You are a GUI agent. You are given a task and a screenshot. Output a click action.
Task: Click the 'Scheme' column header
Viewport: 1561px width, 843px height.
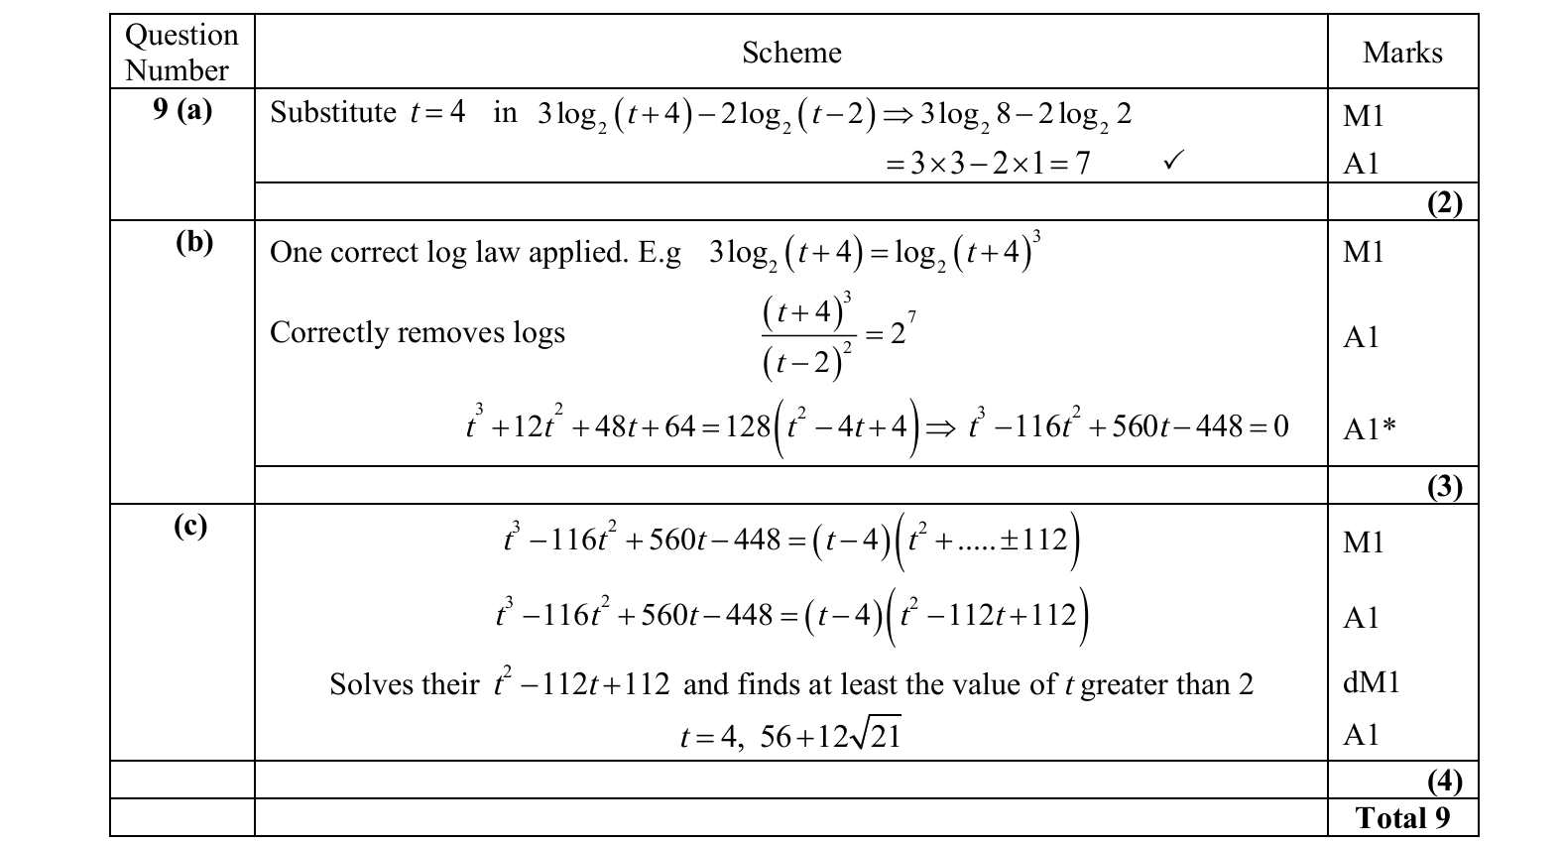pos(791,53)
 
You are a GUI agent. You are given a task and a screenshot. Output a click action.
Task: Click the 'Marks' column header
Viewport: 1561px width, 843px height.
pos(1402,53)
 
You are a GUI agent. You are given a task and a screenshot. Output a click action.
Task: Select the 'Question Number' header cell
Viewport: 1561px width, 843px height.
pos(181,53)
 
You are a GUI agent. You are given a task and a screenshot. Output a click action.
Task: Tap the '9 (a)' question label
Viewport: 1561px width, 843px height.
pos(182,109)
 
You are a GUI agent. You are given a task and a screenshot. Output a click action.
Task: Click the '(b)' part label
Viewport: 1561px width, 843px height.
pos(193,242)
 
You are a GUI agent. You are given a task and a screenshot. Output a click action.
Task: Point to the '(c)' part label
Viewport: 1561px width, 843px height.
pos(190,525)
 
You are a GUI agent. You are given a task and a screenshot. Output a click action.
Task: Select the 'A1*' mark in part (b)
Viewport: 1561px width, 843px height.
pos(1370,429)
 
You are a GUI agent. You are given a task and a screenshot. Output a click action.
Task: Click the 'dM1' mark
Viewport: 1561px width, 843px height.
pos(1371,682)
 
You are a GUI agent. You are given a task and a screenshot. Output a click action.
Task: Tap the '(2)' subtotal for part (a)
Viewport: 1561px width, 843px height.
pos(1444,203)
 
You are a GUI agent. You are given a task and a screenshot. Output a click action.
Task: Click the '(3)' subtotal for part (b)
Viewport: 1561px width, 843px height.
pos(1444,486)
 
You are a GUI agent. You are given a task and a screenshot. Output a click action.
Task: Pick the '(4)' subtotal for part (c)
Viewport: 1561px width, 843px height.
pos(1444,782)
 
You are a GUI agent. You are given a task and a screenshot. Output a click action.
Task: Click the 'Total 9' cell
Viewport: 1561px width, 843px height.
pos(1402,818)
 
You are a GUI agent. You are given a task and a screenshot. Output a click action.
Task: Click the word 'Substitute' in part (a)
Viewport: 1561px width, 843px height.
pos(333,113)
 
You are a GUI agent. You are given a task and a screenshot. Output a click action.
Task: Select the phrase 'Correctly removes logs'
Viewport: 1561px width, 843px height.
pos(417,332)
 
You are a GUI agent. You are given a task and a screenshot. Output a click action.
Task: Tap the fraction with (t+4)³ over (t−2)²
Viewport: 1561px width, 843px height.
pos(806,338)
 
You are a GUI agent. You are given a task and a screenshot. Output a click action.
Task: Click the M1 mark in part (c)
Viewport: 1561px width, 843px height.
pos(1363,542)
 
